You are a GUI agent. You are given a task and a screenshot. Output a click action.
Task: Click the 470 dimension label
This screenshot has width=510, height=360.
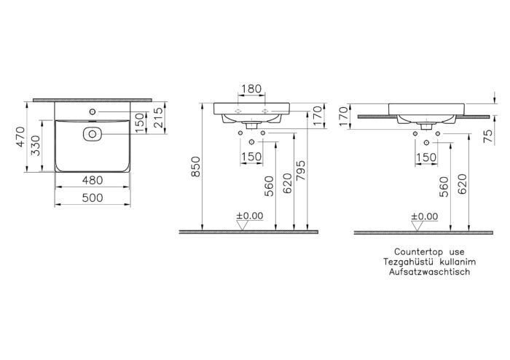click(x=20, y=136)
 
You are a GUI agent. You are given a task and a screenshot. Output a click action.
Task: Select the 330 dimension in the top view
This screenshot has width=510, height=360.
click(x=36, y=145)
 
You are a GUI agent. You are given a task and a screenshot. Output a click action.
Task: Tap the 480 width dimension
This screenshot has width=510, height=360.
click(x=93, y=180)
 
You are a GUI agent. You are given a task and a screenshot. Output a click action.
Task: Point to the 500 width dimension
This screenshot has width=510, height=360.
click(x=93, y=197)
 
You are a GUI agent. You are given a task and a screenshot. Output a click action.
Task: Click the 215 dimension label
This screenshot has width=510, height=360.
click(x=158, y=117)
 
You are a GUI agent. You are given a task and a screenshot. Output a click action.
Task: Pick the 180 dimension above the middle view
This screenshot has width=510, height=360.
click(x=251, y=88)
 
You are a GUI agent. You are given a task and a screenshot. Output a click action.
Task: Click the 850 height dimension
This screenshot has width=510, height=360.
click(x=195, y=167)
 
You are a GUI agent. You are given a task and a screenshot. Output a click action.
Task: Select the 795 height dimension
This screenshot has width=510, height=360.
click(x=301, y=171)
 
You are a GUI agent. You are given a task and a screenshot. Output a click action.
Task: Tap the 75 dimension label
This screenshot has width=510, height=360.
click(x=488, y=137)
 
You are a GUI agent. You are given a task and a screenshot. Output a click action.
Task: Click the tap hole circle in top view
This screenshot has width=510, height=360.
click(x=93, y=112)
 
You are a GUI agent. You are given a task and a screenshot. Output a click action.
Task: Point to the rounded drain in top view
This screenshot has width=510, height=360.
click(x=93, y=133)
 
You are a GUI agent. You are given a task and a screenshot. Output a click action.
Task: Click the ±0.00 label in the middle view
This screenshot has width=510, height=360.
click(x=250, y=216)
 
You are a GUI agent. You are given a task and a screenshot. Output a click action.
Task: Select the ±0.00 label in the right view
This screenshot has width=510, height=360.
click(x=425, y=216)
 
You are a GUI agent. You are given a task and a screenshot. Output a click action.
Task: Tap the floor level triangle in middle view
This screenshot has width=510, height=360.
click(x=243, y=225)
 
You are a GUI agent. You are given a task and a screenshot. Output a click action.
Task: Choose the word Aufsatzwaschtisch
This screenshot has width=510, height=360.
click(x=429, y=272)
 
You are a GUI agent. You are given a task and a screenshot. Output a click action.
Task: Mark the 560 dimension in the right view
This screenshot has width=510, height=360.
click(x=444, y=187)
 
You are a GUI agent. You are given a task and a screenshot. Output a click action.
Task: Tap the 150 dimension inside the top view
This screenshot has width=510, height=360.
click(x=140, y=122)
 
